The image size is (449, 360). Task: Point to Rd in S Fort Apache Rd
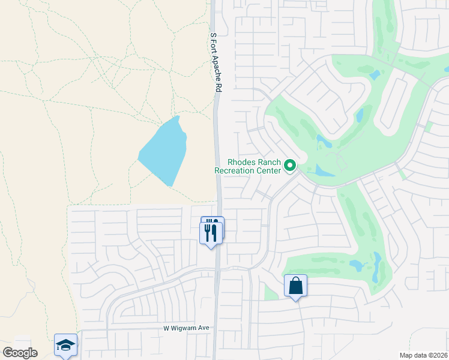[218, 86]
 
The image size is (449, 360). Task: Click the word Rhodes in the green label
[241, 162]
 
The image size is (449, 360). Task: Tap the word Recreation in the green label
[237, 170]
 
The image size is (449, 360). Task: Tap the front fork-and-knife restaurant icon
[211, 232]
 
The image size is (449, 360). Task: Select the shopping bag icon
[296, 286]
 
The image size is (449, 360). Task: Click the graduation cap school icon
[66, 345]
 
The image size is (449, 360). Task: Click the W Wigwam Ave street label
[186, 328]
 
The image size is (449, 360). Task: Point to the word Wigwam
[185, 328]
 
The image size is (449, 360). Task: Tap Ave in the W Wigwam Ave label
[203, 328]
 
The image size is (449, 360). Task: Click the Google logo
[20, 353]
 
